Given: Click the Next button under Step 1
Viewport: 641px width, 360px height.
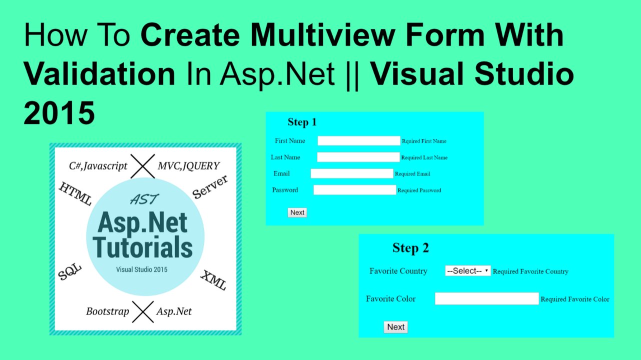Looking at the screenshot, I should tap(297, 212).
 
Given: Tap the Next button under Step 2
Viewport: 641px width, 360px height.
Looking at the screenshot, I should tap(395, 327).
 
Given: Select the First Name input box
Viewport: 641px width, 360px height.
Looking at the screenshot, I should tap(358, 141).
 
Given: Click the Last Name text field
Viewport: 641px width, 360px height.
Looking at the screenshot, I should tap(358, 157).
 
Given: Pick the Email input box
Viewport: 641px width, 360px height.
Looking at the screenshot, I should tap(351, 173).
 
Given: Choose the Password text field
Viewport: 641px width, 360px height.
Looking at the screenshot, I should tap(354, 190).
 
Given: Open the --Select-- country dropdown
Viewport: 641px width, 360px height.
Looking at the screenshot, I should tap(467, 271).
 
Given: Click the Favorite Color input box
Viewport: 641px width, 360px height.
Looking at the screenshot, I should tap(486, 298).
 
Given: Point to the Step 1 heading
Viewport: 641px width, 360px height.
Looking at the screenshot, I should tap(302, 122).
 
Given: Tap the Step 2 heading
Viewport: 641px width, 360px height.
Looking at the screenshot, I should tap(410, 248).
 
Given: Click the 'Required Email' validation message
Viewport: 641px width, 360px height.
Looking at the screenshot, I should tap(412, 174).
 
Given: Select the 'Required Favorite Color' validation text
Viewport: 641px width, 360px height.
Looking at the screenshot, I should tap(575, 299).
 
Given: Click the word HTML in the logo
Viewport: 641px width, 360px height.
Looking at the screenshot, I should tap(75, 194).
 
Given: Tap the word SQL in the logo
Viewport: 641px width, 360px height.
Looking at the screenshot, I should tap(69, 272).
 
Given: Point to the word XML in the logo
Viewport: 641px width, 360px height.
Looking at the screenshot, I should tap(213, 280).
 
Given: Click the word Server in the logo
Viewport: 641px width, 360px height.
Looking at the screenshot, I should tap(210, 187).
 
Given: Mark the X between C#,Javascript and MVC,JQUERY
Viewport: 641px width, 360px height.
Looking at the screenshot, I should tap(142, 166).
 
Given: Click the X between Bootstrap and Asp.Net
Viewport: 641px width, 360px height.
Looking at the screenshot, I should tap(142, 311).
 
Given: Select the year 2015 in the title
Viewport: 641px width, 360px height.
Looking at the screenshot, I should tap(59, 113).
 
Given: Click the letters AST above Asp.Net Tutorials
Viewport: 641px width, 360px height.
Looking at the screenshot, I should tap(144, 199).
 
